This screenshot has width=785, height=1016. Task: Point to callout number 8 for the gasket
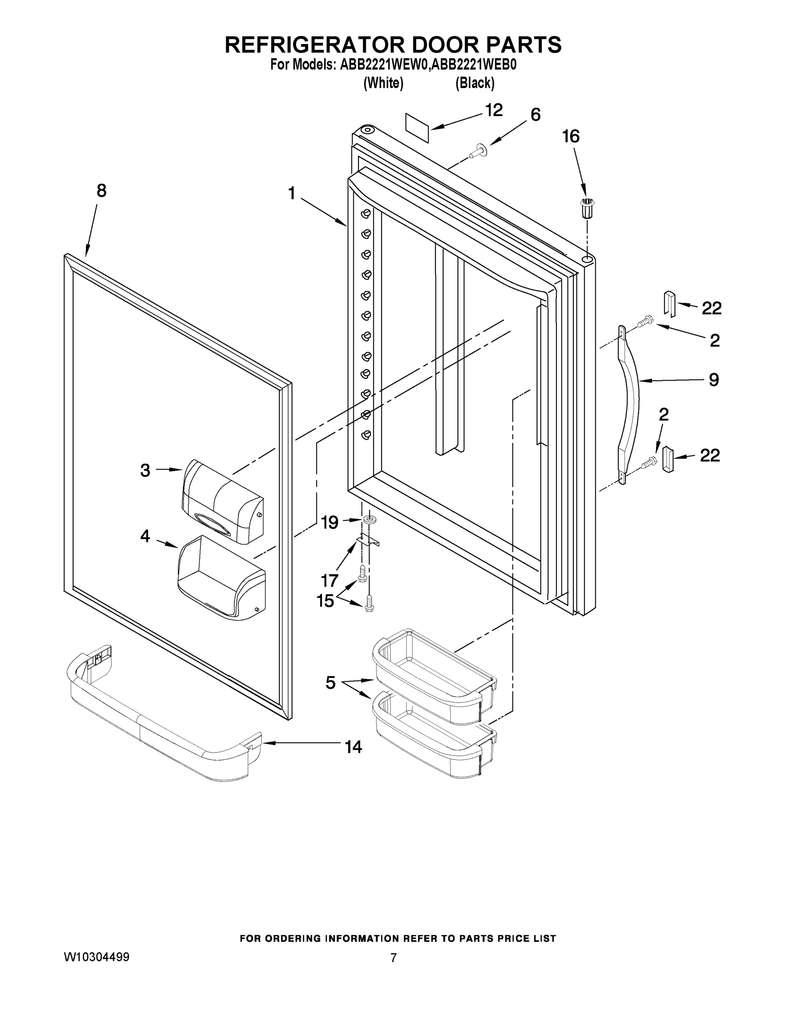(102, 191)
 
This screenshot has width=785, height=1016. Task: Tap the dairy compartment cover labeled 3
(222, 502)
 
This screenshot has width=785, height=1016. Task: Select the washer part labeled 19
(369, 519)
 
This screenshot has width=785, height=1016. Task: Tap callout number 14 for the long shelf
(353, 747)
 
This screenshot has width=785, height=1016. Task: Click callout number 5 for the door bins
(330, 683)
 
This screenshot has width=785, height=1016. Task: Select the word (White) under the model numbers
(383, 83)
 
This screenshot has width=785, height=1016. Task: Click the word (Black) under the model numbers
(475, 83)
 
